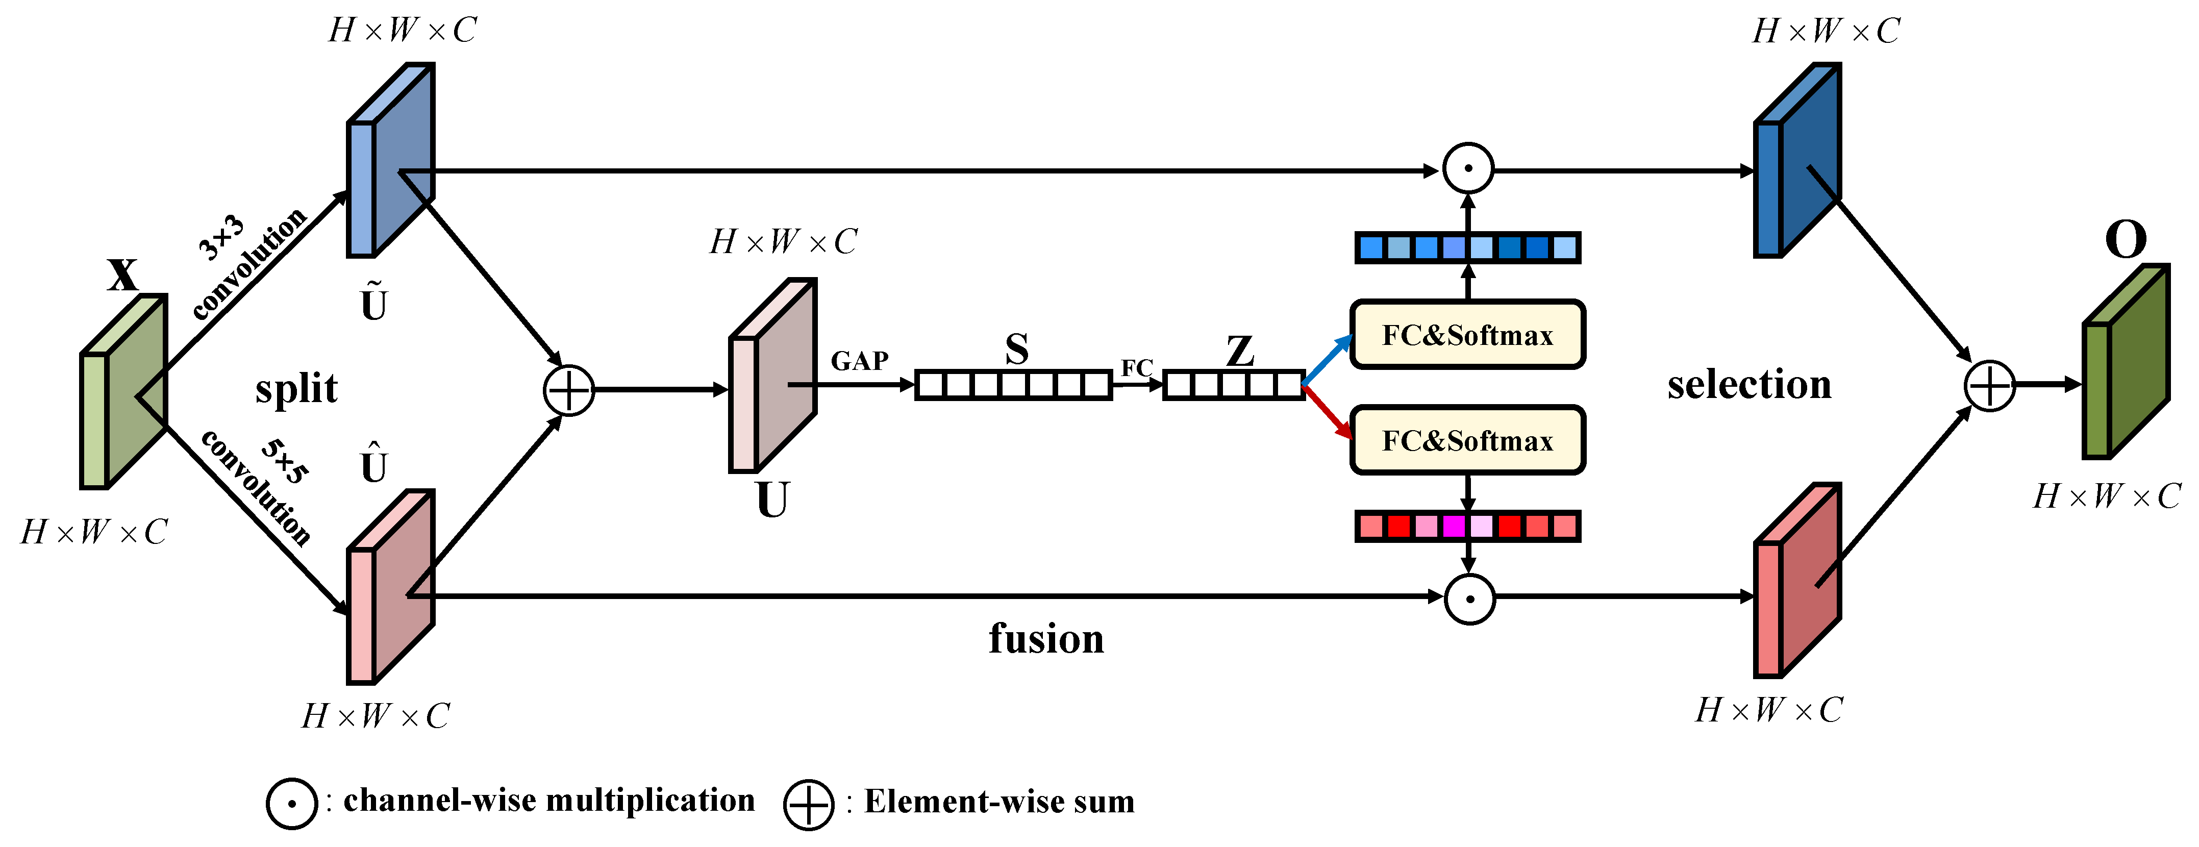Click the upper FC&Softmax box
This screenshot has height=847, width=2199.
(1466, 335)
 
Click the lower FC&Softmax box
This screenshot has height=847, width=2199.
(1466, 440)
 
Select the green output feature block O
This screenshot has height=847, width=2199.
(2126, 362)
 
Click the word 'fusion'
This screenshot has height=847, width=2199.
(1046, 639)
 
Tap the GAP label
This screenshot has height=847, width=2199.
(860, 361)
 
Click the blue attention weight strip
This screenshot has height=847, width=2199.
(1466, 247)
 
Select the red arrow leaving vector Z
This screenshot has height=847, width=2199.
(1328, 412)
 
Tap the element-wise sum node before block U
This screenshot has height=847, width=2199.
(568, 391)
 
